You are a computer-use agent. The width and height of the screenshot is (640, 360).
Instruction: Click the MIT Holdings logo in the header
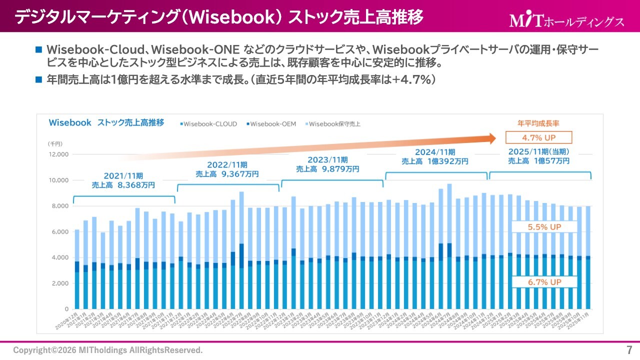566,21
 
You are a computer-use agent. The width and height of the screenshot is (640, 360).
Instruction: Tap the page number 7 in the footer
629,349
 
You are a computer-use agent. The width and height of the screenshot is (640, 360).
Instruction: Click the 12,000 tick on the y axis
57,154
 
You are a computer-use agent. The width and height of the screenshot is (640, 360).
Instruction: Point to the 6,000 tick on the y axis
59,232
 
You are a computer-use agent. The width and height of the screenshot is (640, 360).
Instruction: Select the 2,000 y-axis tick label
59,283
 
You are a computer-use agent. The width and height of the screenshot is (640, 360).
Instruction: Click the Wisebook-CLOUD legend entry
208,123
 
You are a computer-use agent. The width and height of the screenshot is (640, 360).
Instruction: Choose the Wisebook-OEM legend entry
269,123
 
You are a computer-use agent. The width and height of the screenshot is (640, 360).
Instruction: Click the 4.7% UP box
538,137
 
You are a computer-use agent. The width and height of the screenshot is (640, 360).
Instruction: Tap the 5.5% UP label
544,226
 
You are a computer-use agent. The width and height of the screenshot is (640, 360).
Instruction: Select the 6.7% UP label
544,282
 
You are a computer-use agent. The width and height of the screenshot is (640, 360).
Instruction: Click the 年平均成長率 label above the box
538,123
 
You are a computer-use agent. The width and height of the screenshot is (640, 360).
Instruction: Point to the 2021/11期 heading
123,176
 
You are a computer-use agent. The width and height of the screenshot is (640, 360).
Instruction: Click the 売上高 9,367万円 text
226,174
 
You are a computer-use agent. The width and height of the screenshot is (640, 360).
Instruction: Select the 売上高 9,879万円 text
327,169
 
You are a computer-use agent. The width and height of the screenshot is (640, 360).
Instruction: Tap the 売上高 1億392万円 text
435,161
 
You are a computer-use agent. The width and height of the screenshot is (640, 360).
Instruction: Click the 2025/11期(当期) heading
538,151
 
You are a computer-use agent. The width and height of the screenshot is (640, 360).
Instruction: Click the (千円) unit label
55,143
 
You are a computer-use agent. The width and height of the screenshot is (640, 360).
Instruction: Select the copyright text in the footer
108,349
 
